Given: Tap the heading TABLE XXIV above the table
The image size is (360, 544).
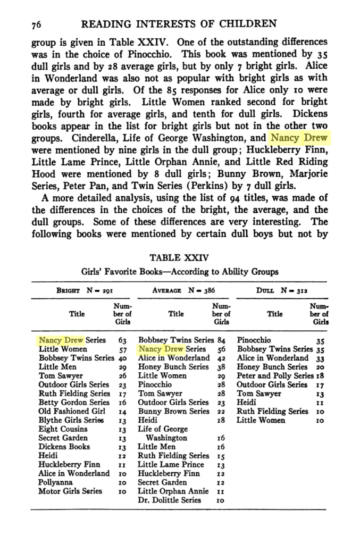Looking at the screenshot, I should [179, 258].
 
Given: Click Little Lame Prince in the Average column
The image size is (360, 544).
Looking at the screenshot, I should [171, 465].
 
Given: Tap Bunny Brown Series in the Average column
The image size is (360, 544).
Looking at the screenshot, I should [174, 412].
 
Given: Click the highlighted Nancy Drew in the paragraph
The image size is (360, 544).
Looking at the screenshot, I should [298, 139].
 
